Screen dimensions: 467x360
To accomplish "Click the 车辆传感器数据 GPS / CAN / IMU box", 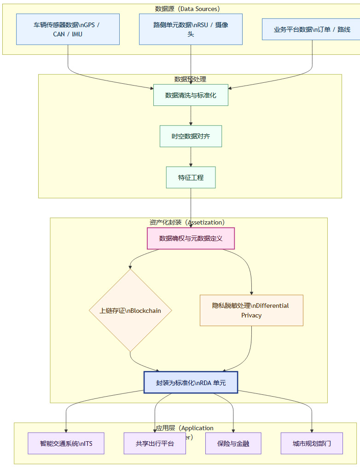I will [68, 29].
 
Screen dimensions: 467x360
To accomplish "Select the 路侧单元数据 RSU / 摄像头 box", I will [191, 29].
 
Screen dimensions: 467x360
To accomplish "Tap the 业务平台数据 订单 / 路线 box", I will [312, 29].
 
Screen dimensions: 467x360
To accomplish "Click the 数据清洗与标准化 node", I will [191, 95].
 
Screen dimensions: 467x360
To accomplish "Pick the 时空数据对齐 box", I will [191, 136].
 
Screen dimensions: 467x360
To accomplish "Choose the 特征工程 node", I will [191, 177].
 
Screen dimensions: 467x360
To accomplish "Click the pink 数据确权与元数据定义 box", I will [191, 238].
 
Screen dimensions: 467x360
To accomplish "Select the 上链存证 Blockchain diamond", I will [130, 311].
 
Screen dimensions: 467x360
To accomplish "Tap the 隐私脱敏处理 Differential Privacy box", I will [251, 311].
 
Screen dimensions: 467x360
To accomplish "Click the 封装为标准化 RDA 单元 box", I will [191, 382].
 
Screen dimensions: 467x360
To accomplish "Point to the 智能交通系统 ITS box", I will [66, 444].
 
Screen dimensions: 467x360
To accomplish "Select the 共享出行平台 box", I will [155, 444].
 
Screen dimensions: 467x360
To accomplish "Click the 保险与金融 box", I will [233, 444].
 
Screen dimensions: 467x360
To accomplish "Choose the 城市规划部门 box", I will [312, 444].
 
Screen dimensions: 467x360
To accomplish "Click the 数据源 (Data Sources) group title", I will [187, 9].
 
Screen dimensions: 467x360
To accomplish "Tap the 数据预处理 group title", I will [190, 79].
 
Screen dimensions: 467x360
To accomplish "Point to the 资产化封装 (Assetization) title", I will [187, 222].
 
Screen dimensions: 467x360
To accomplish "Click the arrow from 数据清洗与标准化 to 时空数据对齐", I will [191, 115].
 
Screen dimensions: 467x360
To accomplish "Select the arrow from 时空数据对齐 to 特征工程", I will [191, 157].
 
